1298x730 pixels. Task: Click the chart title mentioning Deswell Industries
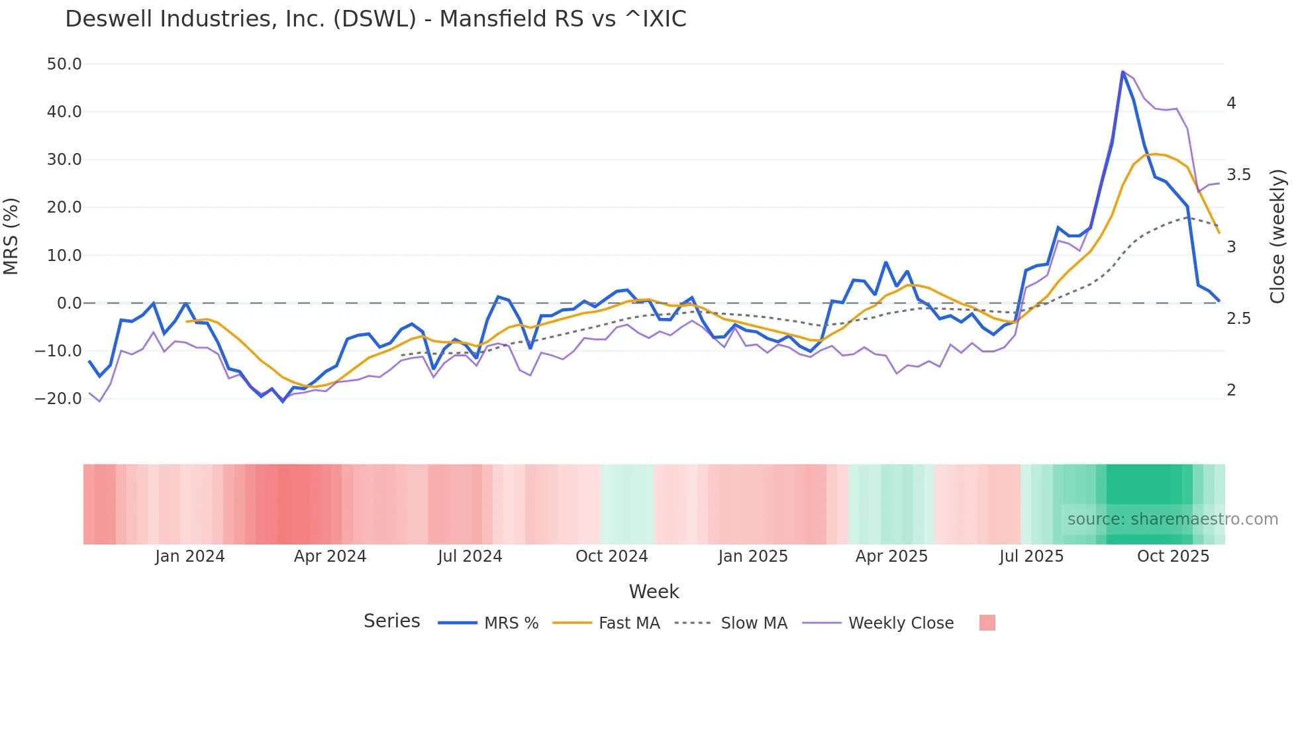point(375,19)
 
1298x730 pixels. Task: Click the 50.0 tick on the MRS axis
point(64,64)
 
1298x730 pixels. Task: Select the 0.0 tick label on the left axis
point(69,303)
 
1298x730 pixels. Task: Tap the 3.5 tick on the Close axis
point(1238,175)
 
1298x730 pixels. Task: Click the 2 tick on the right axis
point(1231,390)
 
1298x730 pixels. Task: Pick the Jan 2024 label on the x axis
point(190,556)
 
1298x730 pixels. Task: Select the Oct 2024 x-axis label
point(611,556)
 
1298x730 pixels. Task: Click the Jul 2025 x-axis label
point(1031,556)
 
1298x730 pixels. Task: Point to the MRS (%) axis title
point(11,236)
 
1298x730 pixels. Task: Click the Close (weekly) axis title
point(1277,236)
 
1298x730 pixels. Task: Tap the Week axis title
point(654,592)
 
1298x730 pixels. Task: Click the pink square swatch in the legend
point(987,623)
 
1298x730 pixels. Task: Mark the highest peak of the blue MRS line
point(1123,72)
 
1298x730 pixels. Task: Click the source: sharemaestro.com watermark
point(1172,519)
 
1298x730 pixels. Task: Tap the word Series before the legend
point(391,621)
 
